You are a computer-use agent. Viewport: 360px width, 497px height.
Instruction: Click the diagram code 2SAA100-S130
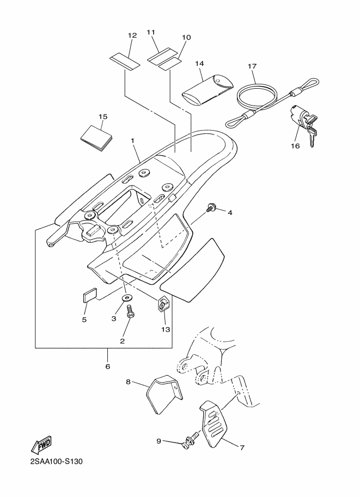pos(56,462)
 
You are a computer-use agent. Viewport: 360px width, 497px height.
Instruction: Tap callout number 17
pos(252,66)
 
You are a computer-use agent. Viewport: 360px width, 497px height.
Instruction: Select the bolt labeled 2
pos(130,311)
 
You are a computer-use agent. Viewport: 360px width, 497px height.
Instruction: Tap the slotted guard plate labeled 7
pos(215,424)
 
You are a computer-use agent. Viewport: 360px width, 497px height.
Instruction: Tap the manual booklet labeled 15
pos(96,138)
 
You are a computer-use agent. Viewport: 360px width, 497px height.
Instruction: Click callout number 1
pos(132,140)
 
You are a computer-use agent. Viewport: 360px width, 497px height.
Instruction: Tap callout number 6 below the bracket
pos(107,366)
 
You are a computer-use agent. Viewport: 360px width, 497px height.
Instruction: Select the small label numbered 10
pos(169,65)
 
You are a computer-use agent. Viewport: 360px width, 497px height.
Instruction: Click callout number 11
pos(151,32)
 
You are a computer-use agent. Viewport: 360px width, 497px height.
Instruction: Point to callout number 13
pos(165,329)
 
